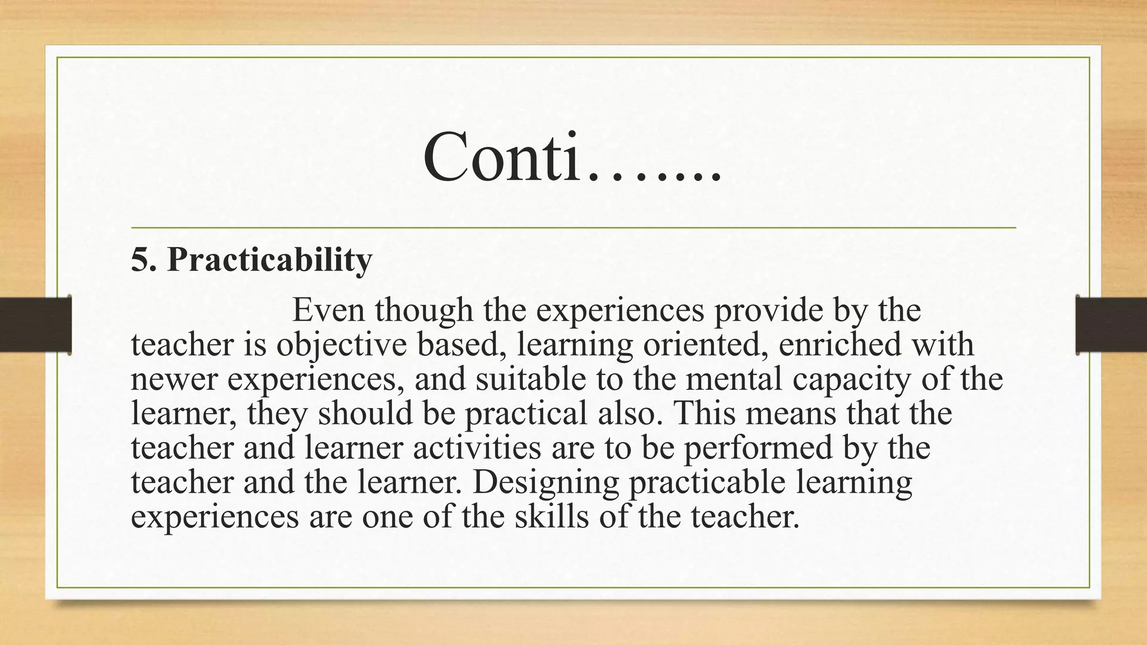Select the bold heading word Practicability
click(x=269, y=260)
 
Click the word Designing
click(x=545, y=483)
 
